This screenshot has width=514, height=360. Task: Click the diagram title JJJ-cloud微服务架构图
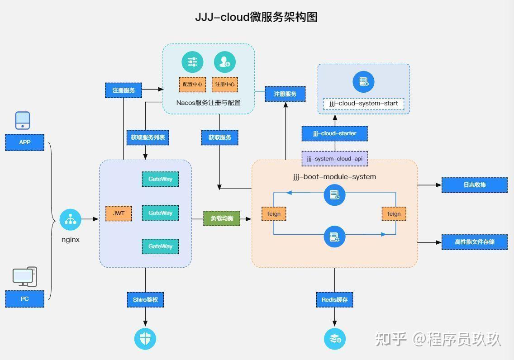[256, 17]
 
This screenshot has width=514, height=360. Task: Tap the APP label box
[25, 142]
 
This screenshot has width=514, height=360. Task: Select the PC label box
[25, 299]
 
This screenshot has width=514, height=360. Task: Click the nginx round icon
[71, 219]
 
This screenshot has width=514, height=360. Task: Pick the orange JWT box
[119, 213]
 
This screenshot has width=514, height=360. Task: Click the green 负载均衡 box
[222, 218]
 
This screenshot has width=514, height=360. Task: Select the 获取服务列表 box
[148, 137]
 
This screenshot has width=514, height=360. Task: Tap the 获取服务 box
[220, 137]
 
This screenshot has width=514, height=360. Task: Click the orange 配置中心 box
[192, 84]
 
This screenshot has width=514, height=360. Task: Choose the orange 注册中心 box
[225, 84]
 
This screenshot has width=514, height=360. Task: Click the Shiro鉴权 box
[145, 299]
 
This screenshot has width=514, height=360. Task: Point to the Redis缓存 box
[334, 299]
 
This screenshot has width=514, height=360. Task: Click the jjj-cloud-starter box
[334, 133]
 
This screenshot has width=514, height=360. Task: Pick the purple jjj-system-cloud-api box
[334, 159]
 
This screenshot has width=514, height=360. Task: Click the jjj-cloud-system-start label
[364, 104]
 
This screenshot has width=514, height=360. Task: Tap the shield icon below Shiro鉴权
[145, 338]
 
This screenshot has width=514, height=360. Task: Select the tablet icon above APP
[23, 120]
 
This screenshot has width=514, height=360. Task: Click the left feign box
[274, 213]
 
